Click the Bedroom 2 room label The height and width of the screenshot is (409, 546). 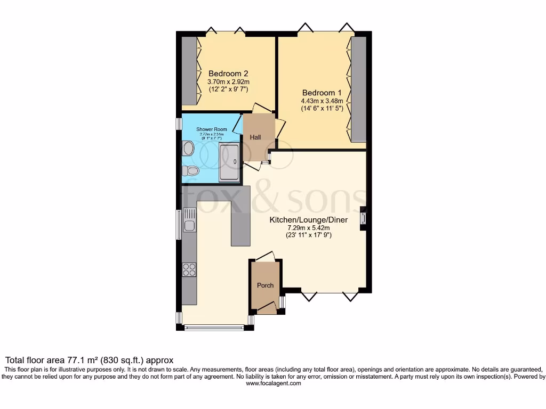(228, 73)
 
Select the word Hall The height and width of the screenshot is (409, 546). (255, 137)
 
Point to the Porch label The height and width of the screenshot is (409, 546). (265, 285)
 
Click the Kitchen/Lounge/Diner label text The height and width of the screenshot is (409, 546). (308, 220)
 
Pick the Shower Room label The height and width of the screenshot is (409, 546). (212, 129)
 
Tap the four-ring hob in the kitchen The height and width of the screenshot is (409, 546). (189, 269)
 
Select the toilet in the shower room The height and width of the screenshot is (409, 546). (190, 171)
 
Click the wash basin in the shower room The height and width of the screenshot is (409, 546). (188, 148)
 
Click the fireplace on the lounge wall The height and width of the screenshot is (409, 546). (364, 218)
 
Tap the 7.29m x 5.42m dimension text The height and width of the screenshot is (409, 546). (308, 228)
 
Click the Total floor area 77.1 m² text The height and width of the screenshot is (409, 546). (90, 361)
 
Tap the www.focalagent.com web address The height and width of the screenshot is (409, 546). (273, 383)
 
